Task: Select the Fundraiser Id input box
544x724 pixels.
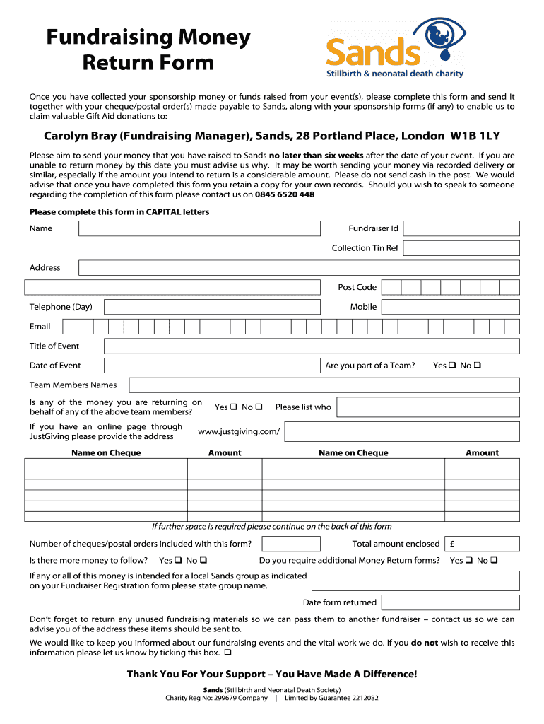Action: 461,228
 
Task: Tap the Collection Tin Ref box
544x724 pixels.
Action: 461,248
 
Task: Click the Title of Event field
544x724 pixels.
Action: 312,346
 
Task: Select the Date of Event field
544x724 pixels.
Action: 212,366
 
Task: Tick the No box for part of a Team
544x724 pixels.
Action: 478,366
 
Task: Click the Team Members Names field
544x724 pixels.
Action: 324,385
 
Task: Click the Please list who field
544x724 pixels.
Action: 427,407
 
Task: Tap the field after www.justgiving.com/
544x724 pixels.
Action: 401,431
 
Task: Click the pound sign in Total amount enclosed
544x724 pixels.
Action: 452,544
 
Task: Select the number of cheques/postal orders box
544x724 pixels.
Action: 290,544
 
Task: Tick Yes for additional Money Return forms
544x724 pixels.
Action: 469,561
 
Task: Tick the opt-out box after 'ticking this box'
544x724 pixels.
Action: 228,653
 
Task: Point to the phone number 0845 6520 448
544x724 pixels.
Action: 285,194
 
